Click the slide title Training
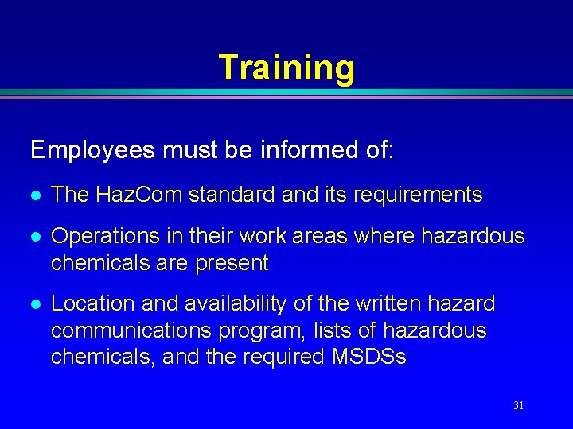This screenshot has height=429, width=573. point(286,68)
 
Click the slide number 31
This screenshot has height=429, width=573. point(518,405)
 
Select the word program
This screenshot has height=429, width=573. point(261,330)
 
